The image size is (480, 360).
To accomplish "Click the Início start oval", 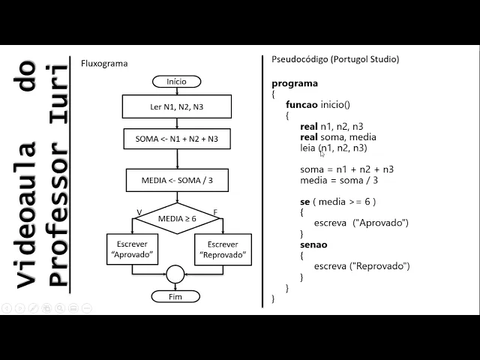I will click(176, 81).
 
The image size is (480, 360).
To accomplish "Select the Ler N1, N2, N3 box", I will click(176, 107).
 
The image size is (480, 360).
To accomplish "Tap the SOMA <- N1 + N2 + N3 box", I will click(177, 139).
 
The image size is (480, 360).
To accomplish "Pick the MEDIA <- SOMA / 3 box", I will click(177, 181).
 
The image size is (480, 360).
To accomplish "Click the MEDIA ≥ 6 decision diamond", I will click(177, 218).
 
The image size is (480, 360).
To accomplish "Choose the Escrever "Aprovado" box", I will click(132, 249).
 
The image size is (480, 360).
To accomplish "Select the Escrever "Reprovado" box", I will click(223, 249).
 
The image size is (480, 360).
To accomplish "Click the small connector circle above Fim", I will click(175, 274).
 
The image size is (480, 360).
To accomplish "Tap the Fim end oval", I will click(176, 296).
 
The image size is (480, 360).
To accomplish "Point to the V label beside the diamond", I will click(139, 213).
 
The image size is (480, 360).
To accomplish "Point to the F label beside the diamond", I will click(215, 213).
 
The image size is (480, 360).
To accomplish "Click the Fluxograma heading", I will click(104, 64).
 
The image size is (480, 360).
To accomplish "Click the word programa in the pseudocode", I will click(295, 83).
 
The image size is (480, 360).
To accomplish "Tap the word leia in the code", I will click(307, 148).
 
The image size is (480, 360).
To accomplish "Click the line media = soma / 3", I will click(339, 180).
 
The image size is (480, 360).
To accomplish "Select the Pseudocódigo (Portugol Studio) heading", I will click(335, 59).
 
